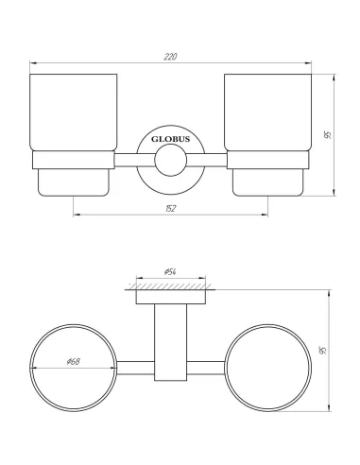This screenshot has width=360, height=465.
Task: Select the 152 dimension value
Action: click(171, 207)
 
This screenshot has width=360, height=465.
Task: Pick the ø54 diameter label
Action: click(171, 272)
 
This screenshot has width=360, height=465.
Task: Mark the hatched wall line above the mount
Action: click(171, 284)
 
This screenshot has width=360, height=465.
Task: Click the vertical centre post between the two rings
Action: click(171, 350)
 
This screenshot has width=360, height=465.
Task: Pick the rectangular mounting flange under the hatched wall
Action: click(171, 296)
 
